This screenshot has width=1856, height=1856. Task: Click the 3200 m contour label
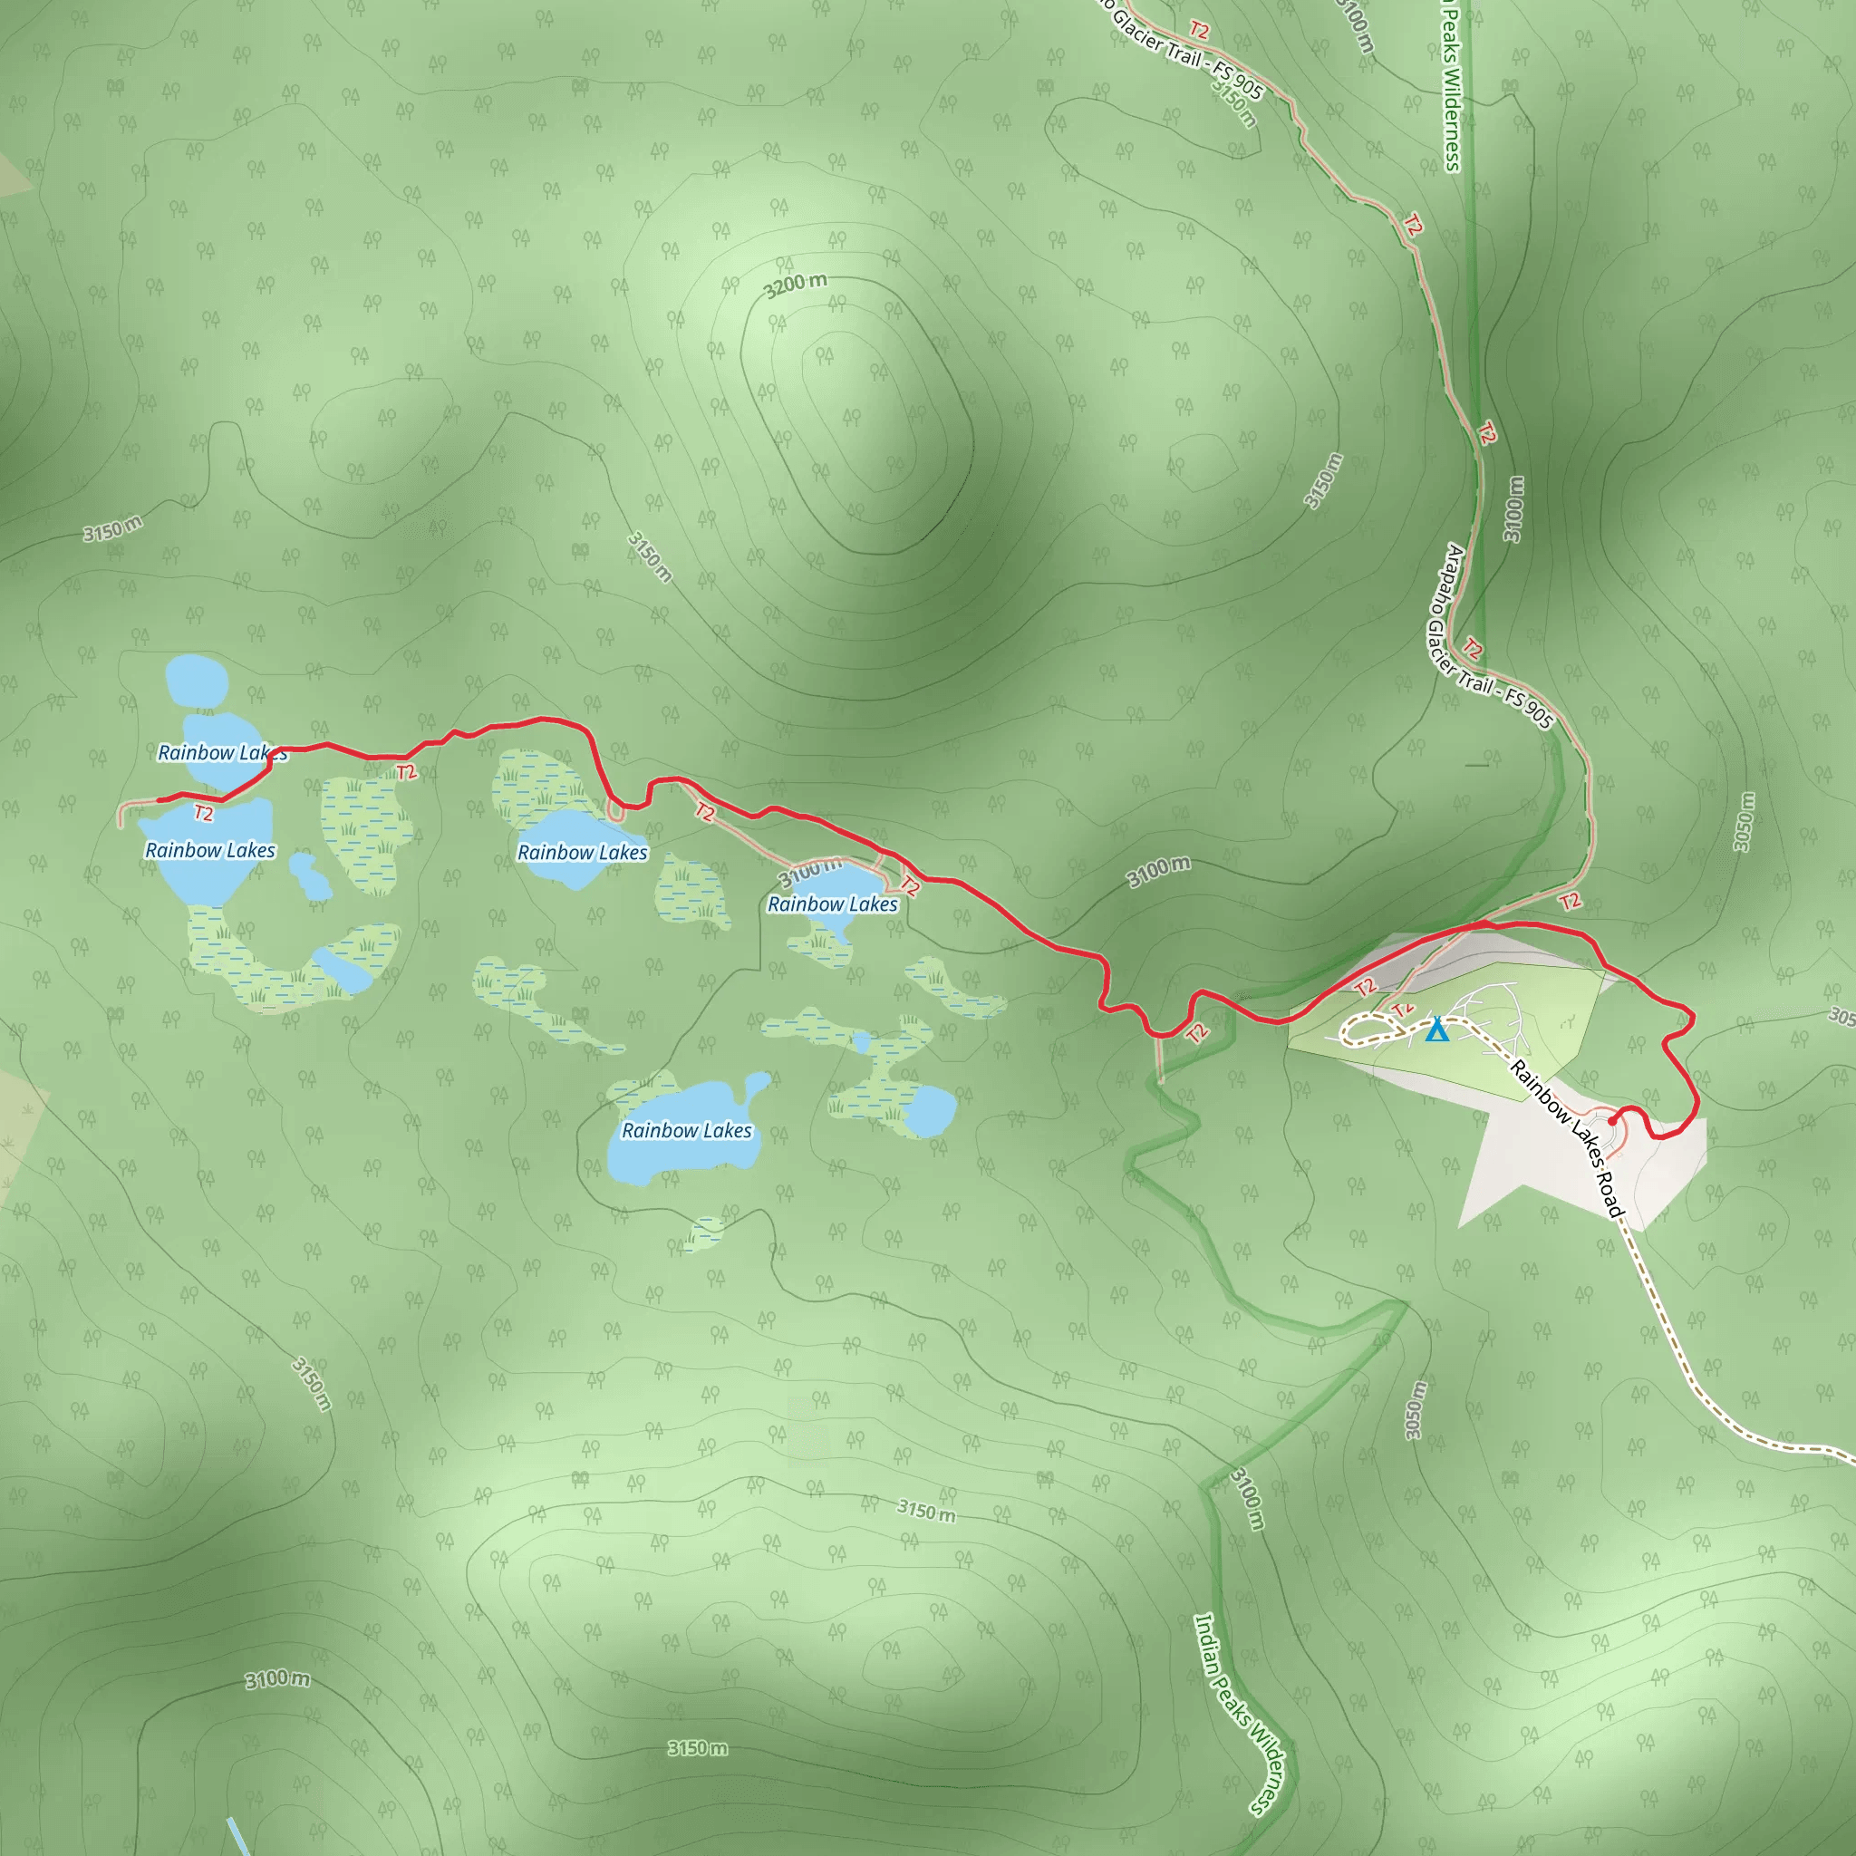click(x=796, y=285)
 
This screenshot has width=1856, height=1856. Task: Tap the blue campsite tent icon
click(x=1436, y=1029)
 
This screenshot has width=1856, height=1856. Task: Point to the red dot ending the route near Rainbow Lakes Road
click(x=1612, y=1120)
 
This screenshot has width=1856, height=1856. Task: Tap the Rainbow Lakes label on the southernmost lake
click(x=686, y=1131)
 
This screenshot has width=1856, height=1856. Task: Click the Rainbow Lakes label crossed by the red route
click(x=222, y=752)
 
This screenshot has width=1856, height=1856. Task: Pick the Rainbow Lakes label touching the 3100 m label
click(x=832, y=904)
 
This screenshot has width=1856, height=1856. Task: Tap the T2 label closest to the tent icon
click(x=1403, y=1009)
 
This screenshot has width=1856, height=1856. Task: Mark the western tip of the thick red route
click(x=159, y=799)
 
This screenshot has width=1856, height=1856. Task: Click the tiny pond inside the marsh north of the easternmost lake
click(x=862, y=1042)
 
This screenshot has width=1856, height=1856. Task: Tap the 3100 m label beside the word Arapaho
click(x=1513, y=509)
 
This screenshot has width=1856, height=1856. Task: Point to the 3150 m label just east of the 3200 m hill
click(x=1323, y=480)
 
